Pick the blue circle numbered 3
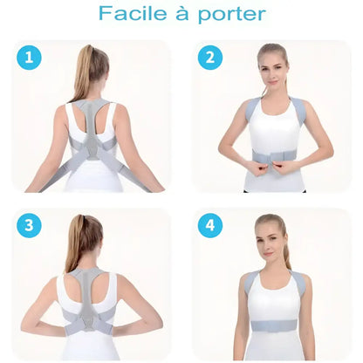pyautogui.click(x=30, y=225)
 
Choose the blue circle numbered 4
pyautogui.click(x=210, y=225)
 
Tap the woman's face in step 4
pyautogui.click(x=270, y=236)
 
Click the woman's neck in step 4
pyautogui.click(x=271, y=263)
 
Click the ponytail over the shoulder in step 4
pyautogui.click(x=288, y=253)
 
